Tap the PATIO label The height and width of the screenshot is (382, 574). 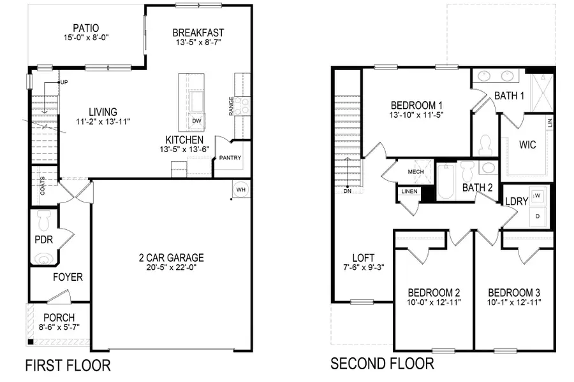coord(85,28)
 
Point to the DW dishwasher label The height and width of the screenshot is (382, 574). coord(196,120)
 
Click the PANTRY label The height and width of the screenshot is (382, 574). coord(230,158)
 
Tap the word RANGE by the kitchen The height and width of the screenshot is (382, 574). coord(232,106)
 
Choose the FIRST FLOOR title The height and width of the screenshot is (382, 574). coord(68,365)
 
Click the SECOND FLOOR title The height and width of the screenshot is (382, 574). coord(382,364)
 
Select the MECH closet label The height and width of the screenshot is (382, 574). coord(416,171)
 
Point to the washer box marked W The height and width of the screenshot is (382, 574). coord(538,195)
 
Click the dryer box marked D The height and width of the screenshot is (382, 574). coord(538,216)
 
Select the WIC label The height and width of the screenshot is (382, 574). coord(527,145)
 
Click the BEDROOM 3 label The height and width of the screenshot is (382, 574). coord(514,292)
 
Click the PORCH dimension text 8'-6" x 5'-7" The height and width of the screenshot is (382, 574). coord(59,328)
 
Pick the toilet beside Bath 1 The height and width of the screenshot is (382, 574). coord(484,145)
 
